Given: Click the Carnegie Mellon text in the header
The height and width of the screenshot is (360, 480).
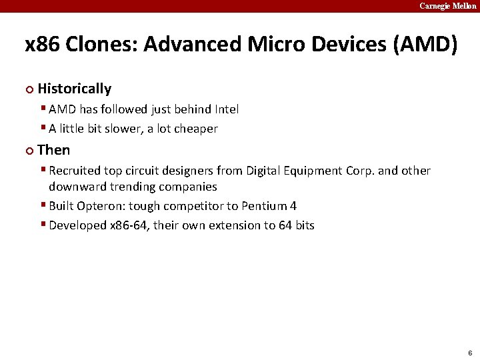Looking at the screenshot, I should tap(447, 5).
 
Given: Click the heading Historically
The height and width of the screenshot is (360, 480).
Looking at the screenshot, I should tap(75, 89).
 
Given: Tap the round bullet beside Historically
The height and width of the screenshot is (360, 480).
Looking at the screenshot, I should tap(29, 89).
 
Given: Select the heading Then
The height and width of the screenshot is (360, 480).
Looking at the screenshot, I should tap(54, 150).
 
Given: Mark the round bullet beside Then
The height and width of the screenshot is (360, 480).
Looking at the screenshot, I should tap(29, 151).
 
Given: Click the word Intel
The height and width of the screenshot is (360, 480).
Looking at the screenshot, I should tap(227, 109).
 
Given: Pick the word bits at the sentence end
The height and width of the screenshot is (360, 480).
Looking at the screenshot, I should tap(305, 225).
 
